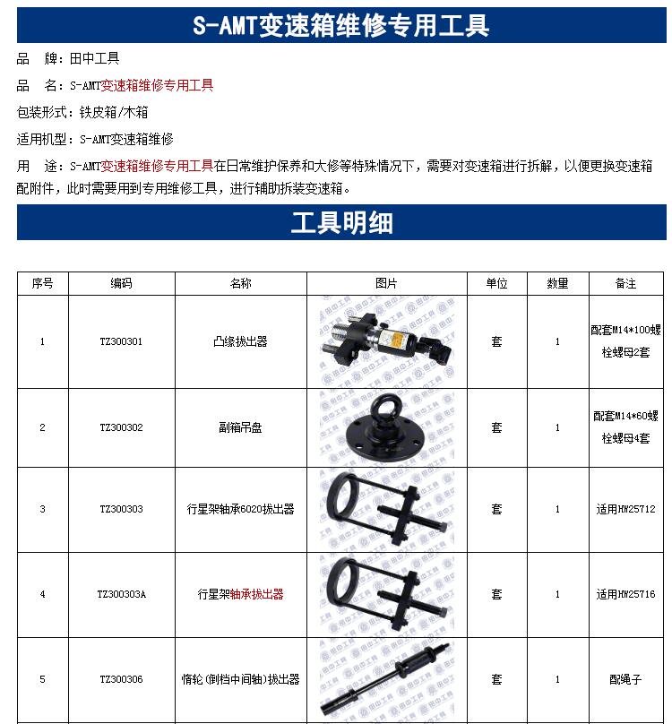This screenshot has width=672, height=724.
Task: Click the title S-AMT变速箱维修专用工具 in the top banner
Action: (340, 25)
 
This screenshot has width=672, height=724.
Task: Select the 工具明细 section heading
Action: (341, 222)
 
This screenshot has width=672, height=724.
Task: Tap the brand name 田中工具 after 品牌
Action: (95, 58)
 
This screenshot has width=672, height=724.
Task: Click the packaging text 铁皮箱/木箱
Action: (114, 112)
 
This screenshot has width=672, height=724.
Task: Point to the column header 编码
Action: (122, 283)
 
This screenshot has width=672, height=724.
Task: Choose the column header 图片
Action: (386, 283)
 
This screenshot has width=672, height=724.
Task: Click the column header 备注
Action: (625, 283)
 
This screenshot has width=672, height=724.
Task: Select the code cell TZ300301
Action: (122, 341)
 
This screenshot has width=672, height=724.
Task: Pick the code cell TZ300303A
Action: (122, 594)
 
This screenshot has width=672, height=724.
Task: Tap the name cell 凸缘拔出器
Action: (241, 341)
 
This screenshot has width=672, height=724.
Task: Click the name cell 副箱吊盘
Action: (241, 427)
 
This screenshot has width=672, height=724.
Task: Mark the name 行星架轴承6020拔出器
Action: (241, 509)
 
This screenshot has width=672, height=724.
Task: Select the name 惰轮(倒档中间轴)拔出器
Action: (241, 679)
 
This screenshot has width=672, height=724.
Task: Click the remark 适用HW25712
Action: (625, 509)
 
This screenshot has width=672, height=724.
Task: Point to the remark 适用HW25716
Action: (625, 594)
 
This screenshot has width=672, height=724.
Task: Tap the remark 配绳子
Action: (625, 679)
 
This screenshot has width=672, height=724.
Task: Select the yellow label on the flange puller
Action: (397, 340)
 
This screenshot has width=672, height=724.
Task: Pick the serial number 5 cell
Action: (42, 679)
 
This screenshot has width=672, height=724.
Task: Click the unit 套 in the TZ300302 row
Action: (497, 427)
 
